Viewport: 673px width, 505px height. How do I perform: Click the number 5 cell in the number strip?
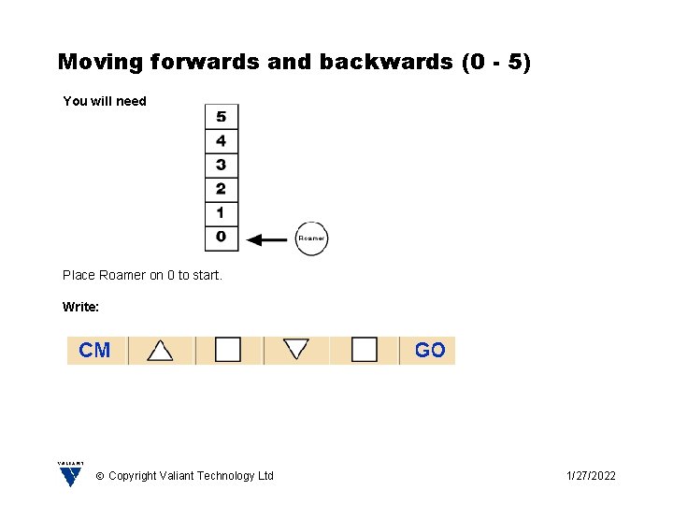click(222, 117)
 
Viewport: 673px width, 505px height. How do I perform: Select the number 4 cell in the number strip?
click(222, 141)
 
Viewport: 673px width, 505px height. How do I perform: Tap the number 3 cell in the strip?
click(222, 166)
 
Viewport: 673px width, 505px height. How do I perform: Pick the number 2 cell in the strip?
click(222, 189)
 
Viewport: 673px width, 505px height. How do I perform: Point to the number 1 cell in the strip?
click(222, 213)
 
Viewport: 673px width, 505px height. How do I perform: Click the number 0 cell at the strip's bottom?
click(222, 238)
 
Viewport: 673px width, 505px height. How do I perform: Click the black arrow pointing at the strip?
click(268, 239)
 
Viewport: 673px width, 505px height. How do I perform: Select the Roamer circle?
click(311, 238)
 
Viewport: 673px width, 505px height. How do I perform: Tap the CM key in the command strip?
click(94, 350)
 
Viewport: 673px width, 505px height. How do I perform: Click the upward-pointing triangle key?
click(161, 350)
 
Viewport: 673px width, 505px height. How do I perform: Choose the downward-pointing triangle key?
click(296, 349)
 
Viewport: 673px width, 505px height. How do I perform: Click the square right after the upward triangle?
click(228, 350)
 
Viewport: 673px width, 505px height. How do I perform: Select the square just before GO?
click(365, 350)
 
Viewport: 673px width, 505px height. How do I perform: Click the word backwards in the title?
click(386, 63)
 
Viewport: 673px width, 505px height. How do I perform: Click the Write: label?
click(81, 307)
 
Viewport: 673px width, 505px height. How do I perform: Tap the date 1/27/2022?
click(591, 476)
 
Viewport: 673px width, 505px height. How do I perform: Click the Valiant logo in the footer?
click(70, 474)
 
